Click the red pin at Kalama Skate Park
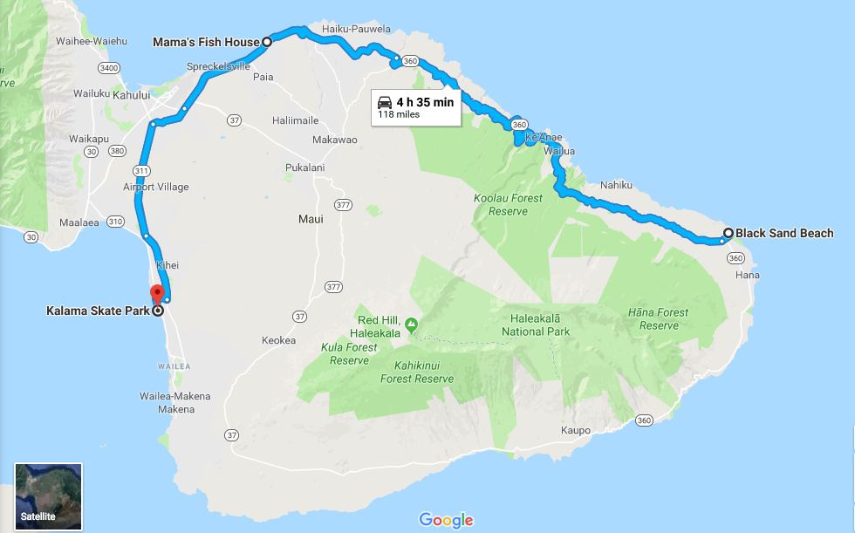(x=157, y=292)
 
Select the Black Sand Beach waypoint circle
(x=728, y=233)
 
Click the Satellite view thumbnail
(x=49, y=495)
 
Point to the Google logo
(x=446, y=520)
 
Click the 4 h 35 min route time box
(x=415, y=107)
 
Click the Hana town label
(x=748, y=275)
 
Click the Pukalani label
(x=304, y=167)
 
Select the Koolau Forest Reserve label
(x=508, y=204)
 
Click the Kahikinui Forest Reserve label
(x=417, y=372)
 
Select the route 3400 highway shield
(x=109, y=67)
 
